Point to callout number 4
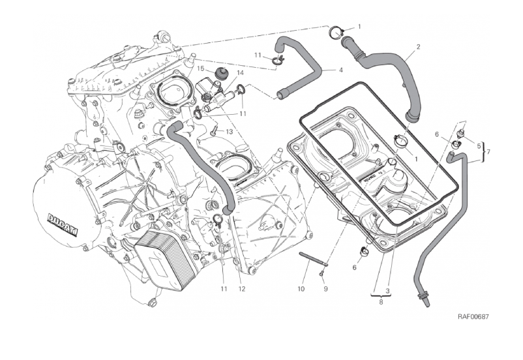tap(341, 70)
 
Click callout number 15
tap(202, 68)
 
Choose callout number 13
tap(230, 131)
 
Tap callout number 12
tap(241, 290)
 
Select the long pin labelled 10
tap(313, 259)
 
